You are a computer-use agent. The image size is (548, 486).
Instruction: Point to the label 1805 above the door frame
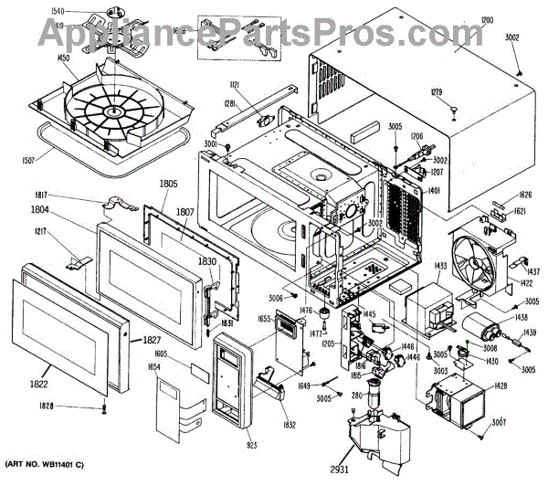168,184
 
